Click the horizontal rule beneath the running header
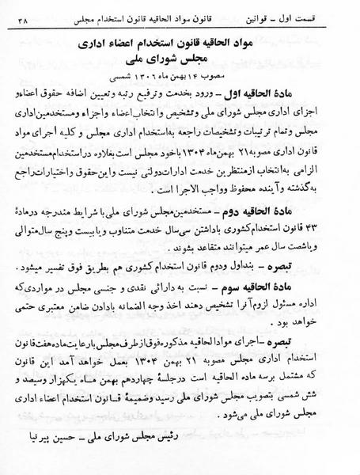coord(180,28)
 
